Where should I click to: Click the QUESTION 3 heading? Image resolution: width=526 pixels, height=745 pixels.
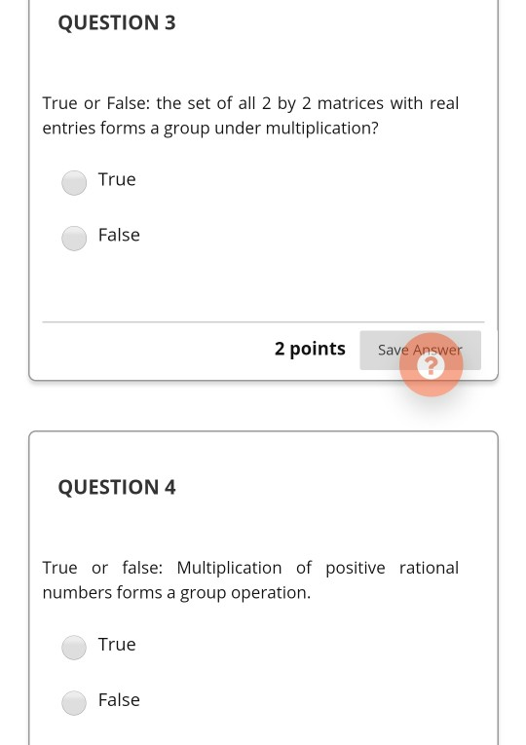pyautogui.click(x=117, y=22)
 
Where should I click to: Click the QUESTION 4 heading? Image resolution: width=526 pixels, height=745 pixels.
pyautogui.click(x=117, y=487)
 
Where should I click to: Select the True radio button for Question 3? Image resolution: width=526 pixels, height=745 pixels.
pyautogui.click(x=74, y=182)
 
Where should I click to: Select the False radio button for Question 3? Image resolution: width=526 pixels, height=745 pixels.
pyautogui.click(x=74, y=238)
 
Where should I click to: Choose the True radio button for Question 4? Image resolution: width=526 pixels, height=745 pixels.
pyautogui.click(x=74, y=647)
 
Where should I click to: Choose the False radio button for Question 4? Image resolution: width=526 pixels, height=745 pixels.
pyautogui.click(x=74, y=702)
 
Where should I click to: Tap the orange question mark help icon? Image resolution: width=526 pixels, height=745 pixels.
pyautogui.click(x=431, y=365)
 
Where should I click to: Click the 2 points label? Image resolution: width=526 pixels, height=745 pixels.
pyautogui.click(x=310, y=349)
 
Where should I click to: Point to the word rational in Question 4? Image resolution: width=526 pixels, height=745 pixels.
pyautogui.click(x=429, y=568)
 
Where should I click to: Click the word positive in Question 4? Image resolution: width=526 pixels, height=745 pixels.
pyautogui.click(x=356, y=568)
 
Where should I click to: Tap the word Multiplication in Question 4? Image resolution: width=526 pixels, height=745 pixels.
pyautogui.click(x=229, y=568)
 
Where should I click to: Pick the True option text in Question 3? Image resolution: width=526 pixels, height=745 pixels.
pyautogui.click(x=117, y=179)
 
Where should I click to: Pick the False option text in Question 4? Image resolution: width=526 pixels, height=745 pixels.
pyautogui.click(x=119, y=700)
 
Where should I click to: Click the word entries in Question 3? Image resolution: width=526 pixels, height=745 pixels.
pyautogui.click(x=69, y=129)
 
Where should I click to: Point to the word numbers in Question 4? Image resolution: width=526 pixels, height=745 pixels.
pyautogui.click(x=77, y=593)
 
